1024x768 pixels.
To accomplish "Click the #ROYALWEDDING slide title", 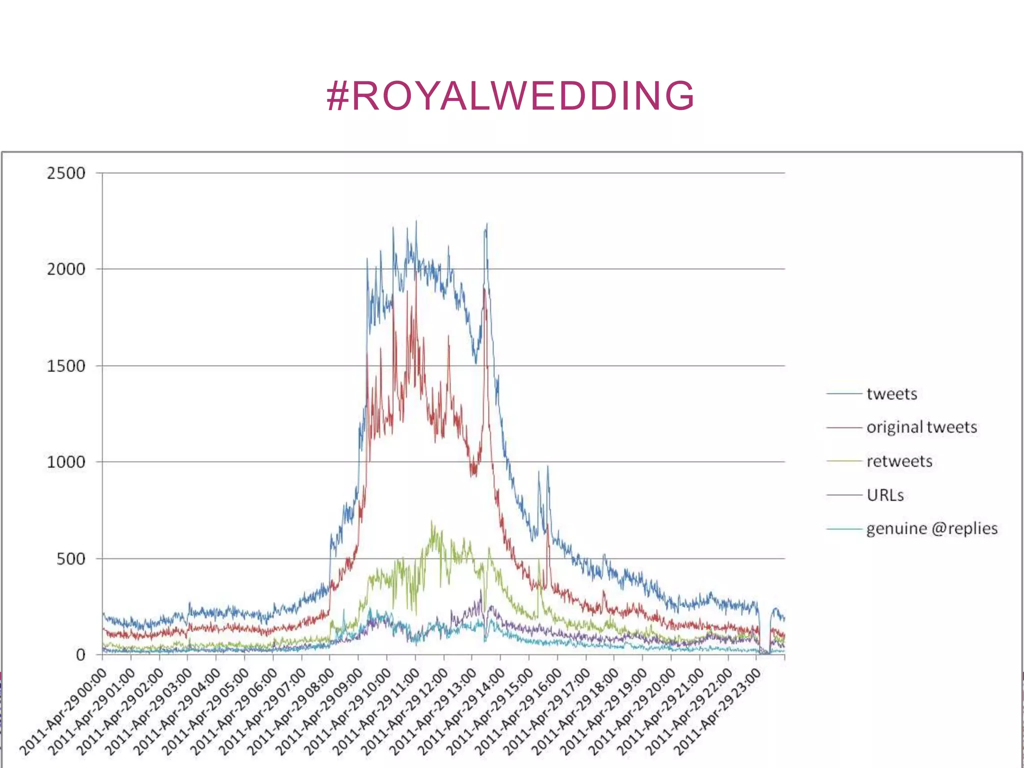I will (x=510, y=95).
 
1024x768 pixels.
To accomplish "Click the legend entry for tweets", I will (x=891, y=394).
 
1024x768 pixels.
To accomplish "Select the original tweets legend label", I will (x=921, y=427).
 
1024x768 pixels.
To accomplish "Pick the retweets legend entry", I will (x=899, y=461).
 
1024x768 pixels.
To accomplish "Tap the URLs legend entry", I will (x=885, y=495).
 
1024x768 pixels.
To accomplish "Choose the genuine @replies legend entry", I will (x=931, y=528).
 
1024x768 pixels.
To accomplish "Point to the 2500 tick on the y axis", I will (x=66, y=173).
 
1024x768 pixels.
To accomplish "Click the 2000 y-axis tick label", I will (x=66, y=269).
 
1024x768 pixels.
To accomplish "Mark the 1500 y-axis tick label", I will (x=66, y=366).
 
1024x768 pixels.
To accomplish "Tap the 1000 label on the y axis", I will (x=66, y=462).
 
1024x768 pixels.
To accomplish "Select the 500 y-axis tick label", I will (x=71, y=558).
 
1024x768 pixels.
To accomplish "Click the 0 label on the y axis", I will (x=81, y=655).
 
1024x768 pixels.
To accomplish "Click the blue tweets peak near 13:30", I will (x=486, y=225).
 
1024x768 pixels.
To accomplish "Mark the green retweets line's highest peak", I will (x=432, y=522).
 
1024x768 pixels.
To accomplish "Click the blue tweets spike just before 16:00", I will (x=548, y=467).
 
